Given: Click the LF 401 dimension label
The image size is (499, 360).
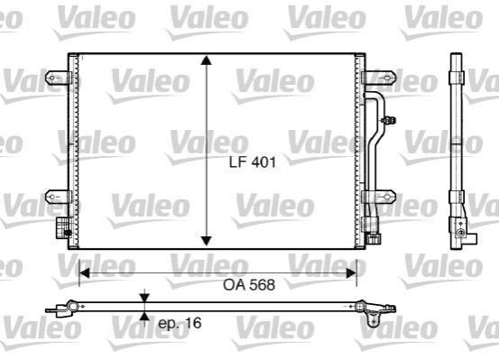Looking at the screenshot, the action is [253, 162].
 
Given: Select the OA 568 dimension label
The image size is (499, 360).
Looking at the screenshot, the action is [249, 284].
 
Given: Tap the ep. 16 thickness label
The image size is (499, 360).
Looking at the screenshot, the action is [180, 323].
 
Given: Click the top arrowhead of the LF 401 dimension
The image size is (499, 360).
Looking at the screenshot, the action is [207, 60].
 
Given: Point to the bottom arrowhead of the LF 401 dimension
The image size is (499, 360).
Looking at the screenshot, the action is [207, 241].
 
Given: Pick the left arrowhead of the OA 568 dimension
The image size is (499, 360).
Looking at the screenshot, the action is [84, 272].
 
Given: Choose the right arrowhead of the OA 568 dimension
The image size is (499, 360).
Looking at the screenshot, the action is [351, 272].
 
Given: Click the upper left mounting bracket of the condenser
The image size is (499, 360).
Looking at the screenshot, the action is [57, 78].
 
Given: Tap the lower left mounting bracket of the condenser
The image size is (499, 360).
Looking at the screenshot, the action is [57, 197].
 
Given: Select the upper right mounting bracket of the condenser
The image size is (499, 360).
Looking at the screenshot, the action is [380, 78].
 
